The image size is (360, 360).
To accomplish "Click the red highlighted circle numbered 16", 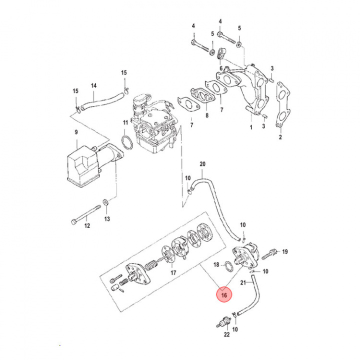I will click(x=223, y=295).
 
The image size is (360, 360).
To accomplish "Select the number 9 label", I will click(x=76, y=132).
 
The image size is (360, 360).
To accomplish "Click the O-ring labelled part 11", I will click(x=127, y=142).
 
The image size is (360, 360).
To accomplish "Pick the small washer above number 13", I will click(x=106, y=202).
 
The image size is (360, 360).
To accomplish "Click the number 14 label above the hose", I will click(x=93, y=85).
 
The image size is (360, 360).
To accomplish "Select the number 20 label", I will click(x=202, y=164).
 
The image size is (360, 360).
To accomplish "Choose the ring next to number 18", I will click(x=227, y=265).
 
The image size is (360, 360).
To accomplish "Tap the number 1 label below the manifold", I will click(x=250, y=128).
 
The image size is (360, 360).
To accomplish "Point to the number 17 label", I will click(x=173, y=273).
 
